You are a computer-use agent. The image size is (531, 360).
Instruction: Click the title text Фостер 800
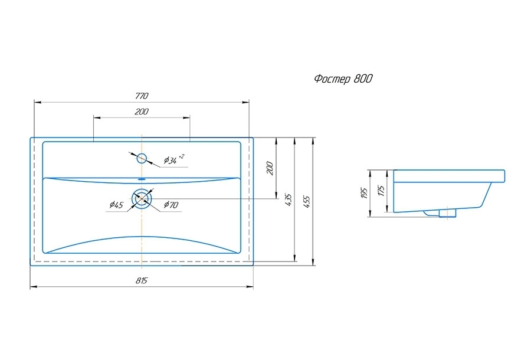pyautogui.click(x=343, y=79)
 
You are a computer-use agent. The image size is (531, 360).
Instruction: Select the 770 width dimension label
pyautogui.click(x=141, y=96)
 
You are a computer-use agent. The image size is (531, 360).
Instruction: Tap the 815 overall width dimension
pyautogui.click(x=142, y=282)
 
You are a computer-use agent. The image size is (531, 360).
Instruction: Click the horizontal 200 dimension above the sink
pyautogui.click(x=142, y=112)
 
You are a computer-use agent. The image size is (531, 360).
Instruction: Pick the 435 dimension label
pyautogui.click(x=288, y=199)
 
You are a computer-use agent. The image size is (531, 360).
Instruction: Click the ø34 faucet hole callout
pyautogui.click(x=174, y=159)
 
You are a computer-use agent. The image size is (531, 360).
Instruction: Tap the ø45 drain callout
pyautogui.click(x=116, y=205)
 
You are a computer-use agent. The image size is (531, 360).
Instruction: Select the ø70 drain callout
pyautogui.click(x=172, y=205)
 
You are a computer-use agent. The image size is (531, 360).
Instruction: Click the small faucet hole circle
pyautogui.click(x=142, y=158)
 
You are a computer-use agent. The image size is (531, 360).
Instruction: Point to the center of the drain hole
pyautogui.click(x=142, y=199)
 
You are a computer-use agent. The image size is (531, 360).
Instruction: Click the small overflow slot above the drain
pyautogui.click(x=142, y=178)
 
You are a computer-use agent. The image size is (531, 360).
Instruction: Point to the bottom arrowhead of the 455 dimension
pyautogui.click(x=313, y=261)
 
